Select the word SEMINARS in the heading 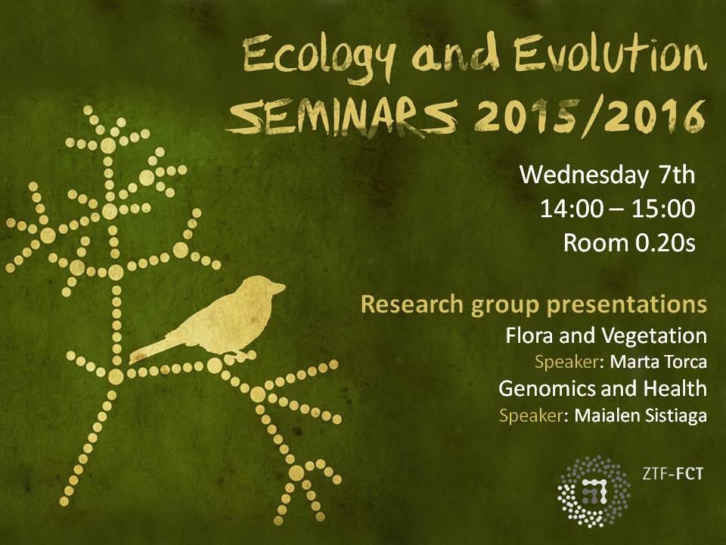click(343, 118)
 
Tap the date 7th click(676, 175)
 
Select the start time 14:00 click(572, 209)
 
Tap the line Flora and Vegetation click(606, 335)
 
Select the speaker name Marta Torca click(659, 362)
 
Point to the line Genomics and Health click(603, 388)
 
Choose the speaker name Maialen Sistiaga click(641, 416)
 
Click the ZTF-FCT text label click(673, 474)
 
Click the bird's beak click(280, 288)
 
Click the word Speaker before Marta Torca click(566, 362)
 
